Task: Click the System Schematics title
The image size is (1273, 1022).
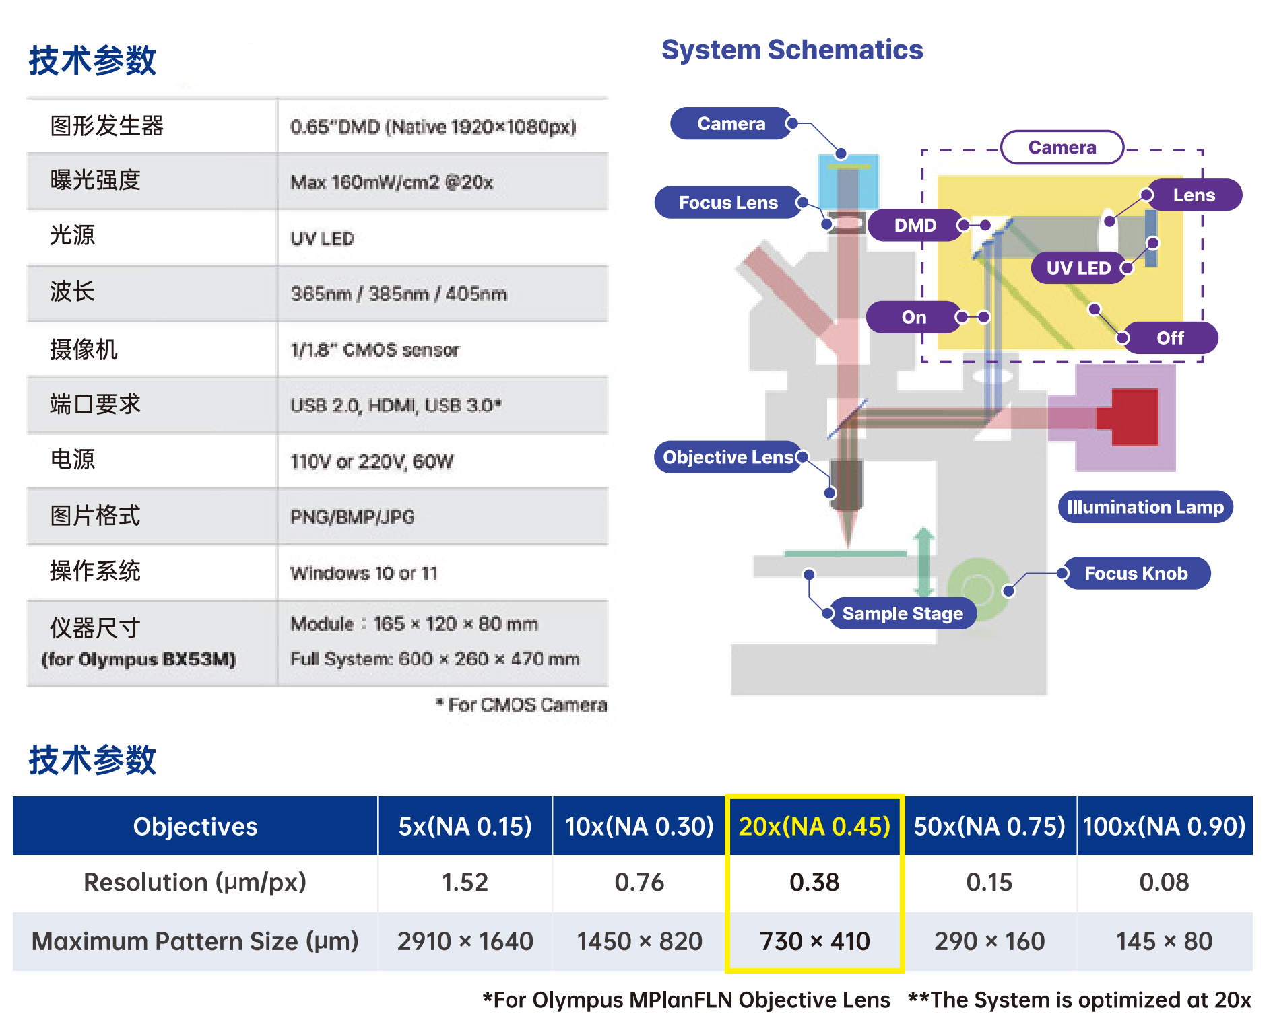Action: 792,50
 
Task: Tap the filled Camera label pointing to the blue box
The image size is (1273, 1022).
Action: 731,123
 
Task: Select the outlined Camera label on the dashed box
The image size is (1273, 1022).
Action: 1062,147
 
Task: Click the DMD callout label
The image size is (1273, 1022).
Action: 915,225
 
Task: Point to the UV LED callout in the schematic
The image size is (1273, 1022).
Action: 1078,268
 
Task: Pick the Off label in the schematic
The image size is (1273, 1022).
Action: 1171,338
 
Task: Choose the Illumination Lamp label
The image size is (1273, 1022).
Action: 1145,507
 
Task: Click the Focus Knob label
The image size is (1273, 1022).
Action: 1136,573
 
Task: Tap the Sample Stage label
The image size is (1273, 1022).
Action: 903,613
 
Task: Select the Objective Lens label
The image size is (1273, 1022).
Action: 728,457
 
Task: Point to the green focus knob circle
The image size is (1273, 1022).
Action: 978,590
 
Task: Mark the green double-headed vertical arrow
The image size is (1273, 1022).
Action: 923,562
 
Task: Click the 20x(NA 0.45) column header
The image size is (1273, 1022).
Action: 814,826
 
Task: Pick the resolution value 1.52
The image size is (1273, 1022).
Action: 465,882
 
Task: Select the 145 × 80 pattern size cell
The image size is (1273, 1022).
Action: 1164,941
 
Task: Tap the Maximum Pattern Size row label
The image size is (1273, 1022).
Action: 195,941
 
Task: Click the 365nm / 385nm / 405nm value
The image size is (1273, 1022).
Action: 399,294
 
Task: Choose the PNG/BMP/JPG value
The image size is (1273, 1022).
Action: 352,517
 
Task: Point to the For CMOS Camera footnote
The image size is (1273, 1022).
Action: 521,705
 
